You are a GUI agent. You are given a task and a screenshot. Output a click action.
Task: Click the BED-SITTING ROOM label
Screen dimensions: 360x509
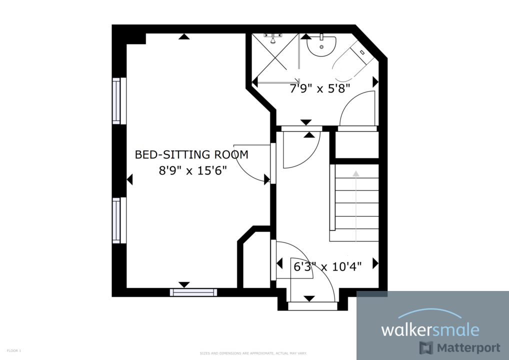191,154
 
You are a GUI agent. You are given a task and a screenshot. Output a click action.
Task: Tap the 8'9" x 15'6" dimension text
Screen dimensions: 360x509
193,170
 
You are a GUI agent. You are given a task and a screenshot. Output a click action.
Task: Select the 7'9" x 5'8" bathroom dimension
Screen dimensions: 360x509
319,88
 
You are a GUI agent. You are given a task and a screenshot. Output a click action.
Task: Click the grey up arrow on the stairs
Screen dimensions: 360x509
356,174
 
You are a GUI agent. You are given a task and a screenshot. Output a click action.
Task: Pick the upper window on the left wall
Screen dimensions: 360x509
117,101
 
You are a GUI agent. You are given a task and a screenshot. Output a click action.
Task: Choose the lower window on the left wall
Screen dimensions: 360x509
117,220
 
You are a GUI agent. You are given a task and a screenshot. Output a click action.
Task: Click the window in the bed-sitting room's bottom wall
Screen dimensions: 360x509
193,292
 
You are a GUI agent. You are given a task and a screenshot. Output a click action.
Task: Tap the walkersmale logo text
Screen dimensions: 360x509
430,330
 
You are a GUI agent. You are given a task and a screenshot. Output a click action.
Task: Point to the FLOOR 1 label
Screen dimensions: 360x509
14,351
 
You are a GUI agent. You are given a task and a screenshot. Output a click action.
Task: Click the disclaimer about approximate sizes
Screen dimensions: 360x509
253,353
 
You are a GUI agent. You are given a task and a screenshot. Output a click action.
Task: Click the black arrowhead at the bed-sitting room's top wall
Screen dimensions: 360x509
184,36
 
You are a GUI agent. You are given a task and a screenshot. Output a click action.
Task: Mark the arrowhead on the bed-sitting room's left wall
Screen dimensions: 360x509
130,179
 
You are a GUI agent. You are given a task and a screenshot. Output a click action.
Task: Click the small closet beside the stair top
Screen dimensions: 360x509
356,145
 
